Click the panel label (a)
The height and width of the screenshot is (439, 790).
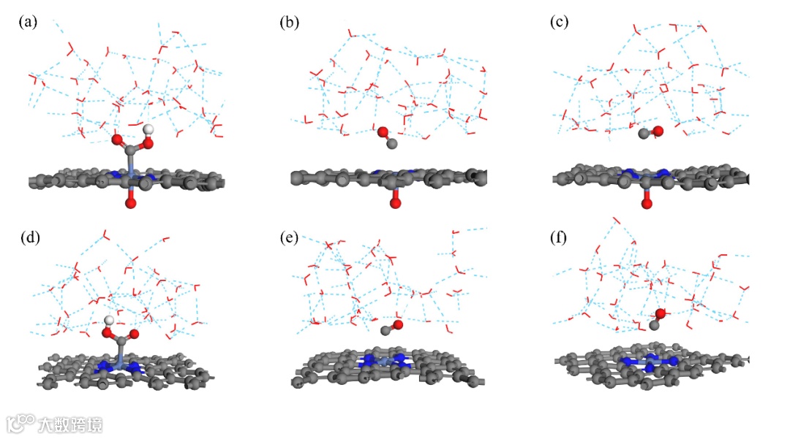(x=28, y=22)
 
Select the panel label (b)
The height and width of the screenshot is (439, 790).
(x=290, y=22)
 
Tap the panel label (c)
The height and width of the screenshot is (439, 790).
(x=560, y=22)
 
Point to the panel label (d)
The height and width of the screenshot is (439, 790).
(x=28, y=237)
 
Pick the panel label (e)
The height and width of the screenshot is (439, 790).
(x=290, y=237)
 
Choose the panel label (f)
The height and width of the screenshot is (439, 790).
(x=560, y=237)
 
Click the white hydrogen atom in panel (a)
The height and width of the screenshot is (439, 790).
(x=148, y=129)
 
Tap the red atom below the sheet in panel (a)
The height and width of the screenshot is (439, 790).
(x=130, y=202)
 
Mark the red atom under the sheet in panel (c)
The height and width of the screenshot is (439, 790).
(x=647, y=202)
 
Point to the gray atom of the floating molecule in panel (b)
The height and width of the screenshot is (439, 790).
(x=392, y=143)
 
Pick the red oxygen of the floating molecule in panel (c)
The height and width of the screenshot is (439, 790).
(x=657, y=131)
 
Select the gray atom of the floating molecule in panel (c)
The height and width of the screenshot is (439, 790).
(x=644, y=133)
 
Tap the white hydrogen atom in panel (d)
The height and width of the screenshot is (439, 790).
(x=110, y=320)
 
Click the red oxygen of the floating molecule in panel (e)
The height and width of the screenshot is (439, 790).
(x=399, y=324)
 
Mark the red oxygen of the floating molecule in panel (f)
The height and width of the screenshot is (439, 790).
(x=661, y=313)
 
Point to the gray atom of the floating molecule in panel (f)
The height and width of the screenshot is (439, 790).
(x=654, y=325)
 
